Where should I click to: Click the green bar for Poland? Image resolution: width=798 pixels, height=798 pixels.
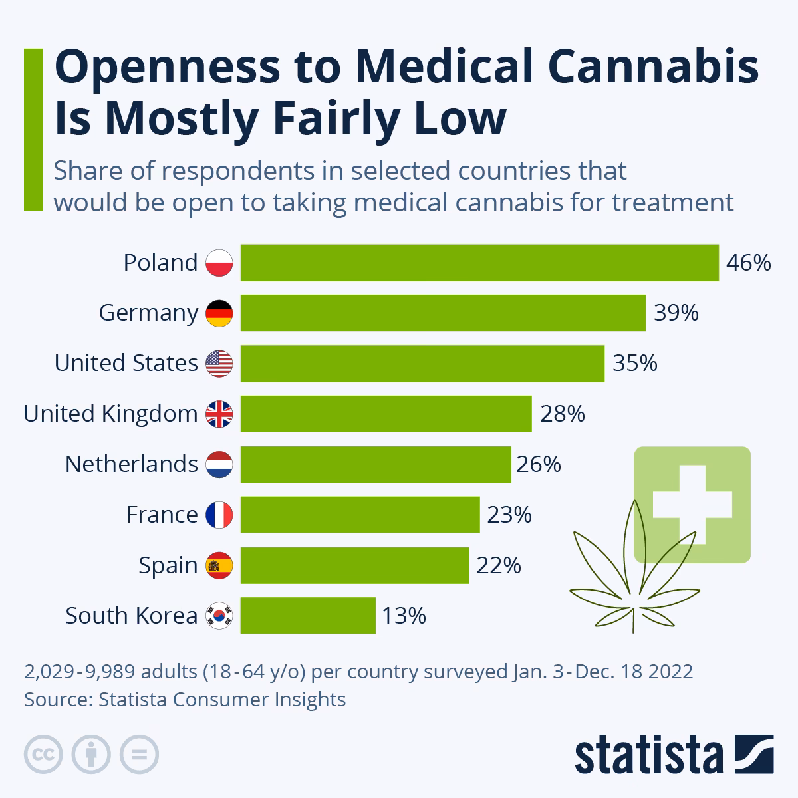(479, 263)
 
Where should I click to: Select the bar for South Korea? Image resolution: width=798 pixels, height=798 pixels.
(308, 616)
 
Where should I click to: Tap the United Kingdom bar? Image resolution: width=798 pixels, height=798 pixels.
(386, 414)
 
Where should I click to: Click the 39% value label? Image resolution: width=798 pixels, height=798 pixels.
(676, 313)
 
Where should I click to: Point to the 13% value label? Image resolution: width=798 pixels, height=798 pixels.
(403, 616)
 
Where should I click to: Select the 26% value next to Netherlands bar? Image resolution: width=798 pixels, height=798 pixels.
(538, 464)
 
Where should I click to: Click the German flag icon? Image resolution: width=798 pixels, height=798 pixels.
(219, 313)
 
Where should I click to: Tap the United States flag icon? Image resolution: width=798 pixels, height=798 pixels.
(219, 363)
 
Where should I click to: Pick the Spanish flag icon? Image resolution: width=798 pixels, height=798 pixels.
(219, 565)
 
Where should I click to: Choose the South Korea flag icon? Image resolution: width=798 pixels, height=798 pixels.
(219, 616)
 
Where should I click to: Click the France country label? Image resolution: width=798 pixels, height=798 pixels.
(162, 515)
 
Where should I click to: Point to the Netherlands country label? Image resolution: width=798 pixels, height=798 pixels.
(131, 464)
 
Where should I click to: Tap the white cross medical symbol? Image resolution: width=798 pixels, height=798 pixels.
(692, 503)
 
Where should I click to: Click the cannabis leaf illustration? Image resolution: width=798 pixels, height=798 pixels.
(635, 565)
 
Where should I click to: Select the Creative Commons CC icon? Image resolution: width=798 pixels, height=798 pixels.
(43, 754)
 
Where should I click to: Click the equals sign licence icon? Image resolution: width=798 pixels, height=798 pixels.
(139, 754)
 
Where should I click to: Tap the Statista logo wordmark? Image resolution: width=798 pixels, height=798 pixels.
(648, 755)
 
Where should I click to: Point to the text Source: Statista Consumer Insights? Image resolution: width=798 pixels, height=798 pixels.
(185, 700)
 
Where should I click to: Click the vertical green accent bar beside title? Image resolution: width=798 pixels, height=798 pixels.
(33, 130)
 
